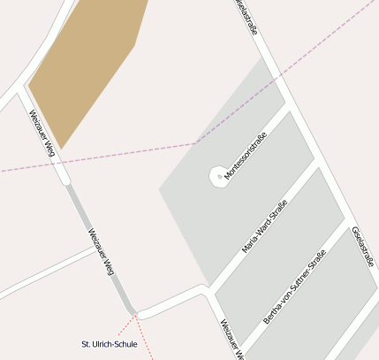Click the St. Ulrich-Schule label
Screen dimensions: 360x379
110,344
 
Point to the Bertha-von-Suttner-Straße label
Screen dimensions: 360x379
294,287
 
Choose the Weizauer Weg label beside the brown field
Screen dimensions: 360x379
42,134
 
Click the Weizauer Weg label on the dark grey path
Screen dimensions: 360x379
101,252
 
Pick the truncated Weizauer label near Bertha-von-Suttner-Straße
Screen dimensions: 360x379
231,340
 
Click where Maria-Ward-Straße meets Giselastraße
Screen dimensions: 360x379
317,164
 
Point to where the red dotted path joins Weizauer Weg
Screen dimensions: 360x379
135,313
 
